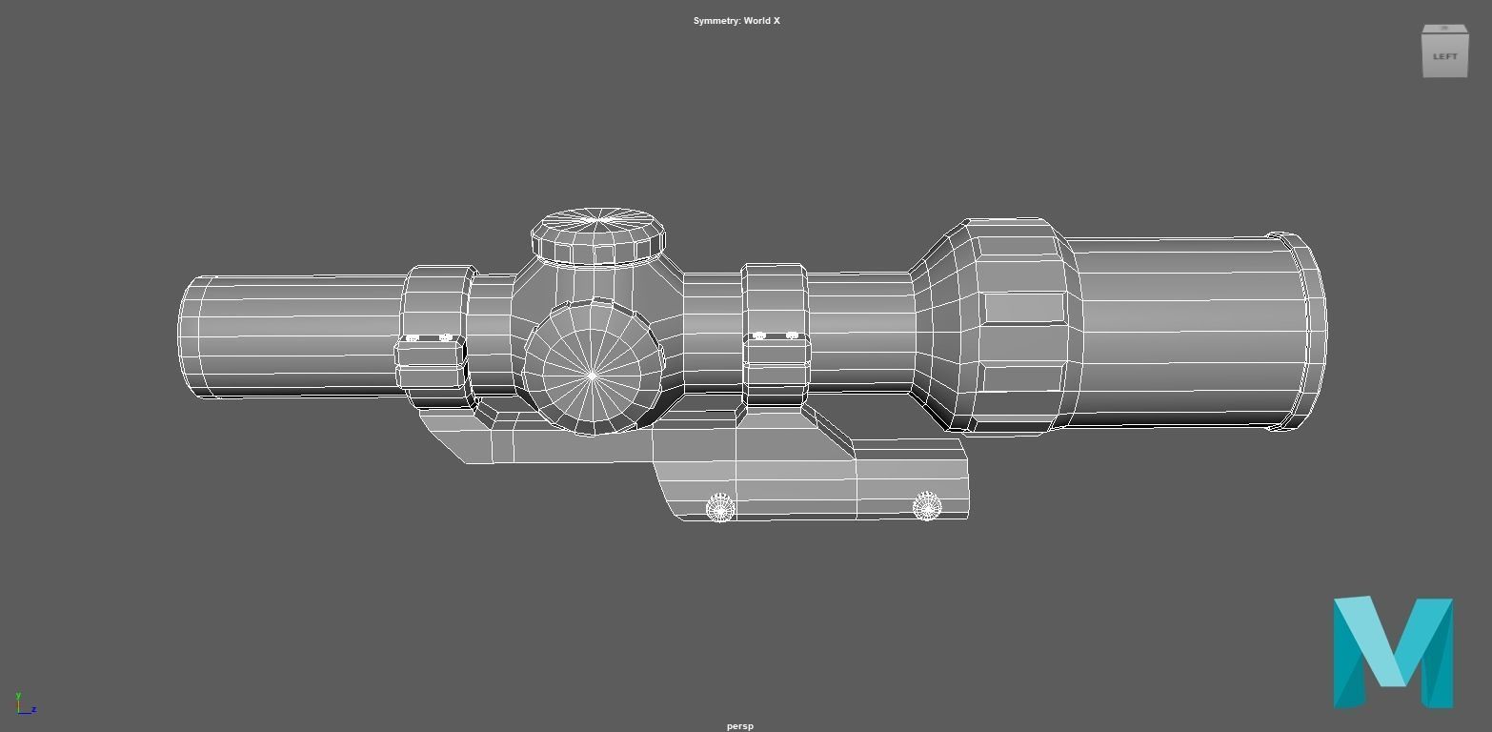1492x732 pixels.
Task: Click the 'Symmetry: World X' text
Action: [x=736, y=21]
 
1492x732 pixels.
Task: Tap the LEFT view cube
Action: [x=1444, y=52]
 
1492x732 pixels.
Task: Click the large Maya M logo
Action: [x=1392, y=653]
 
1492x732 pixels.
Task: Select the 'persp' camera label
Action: [x=739, y=726]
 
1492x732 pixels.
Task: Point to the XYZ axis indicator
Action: [x=24, y=704]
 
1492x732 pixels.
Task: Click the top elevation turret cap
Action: [x=597, y=234]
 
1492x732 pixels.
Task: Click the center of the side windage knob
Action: [x=593, y=375]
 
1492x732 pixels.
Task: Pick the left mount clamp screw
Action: [x=719, y=508]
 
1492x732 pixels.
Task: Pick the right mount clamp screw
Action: [x=926, y=506]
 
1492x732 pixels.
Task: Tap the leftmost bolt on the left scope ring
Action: [x=413, y=337]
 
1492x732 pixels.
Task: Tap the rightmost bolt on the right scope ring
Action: [x=792, y=335]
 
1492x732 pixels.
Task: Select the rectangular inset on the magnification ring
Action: [x=1023, y=308]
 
